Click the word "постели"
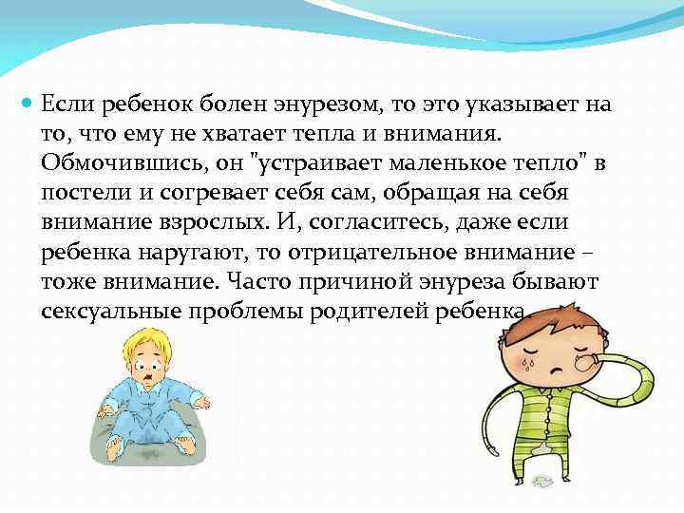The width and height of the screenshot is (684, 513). coord(80,193)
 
